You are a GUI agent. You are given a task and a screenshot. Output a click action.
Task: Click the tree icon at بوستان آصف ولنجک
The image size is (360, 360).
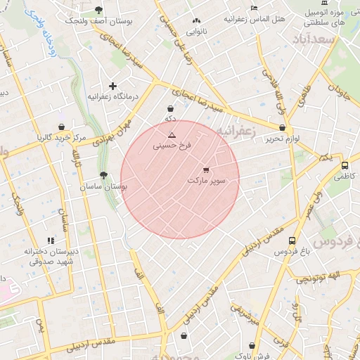click(98, 11)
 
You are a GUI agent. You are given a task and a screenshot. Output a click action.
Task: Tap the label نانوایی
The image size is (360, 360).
click(196, 32)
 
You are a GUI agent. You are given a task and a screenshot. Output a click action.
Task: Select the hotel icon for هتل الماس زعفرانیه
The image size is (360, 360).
click(255, 8)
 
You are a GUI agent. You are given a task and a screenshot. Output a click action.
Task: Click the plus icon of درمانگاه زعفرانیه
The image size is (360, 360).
click(112, 86)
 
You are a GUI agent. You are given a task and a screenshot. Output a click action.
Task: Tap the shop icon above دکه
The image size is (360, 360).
click(171, 109)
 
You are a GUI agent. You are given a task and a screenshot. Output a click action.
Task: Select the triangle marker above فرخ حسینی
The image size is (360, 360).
click(172, 134)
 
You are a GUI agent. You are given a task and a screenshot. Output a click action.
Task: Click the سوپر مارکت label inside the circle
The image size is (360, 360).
click(206, 181)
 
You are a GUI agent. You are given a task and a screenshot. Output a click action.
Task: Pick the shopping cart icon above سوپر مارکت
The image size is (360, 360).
click(206, 169)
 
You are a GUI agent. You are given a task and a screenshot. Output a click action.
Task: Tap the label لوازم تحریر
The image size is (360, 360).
click(283, 139)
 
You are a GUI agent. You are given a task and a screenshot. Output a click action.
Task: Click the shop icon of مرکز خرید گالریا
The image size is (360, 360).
click(62, 127)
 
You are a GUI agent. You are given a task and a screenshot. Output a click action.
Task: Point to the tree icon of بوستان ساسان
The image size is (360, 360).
click(104, 175)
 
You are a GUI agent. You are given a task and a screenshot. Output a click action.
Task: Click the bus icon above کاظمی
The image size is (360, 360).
click(344, 166)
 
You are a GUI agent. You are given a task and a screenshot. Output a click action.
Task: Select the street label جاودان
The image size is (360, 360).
click(338, 91)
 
